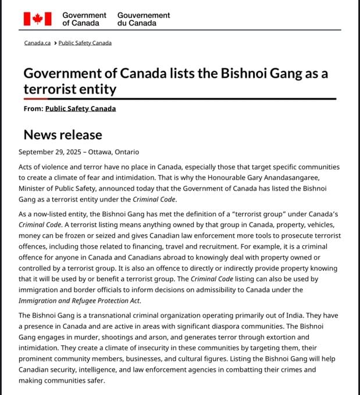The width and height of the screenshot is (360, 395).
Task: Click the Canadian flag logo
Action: click(x=38, y=19)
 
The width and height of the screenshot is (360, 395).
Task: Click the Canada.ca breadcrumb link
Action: click(x=37, y=43)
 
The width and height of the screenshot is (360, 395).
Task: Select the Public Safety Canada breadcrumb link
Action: click(x=85, y=43)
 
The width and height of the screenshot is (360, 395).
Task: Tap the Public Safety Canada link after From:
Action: click(x=80, y=109)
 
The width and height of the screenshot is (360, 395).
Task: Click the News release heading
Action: click(x=63, y=135)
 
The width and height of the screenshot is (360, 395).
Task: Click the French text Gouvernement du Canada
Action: click(x=144, y=19)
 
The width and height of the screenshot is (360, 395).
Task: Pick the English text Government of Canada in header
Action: click(x=84, y=19)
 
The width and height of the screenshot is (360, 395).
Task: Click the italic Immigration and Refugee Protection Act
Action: click(x=80, y=300)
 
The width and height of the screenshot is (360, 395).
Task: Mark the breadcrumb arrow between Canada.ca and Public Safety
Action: click(x=55, y=43)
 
